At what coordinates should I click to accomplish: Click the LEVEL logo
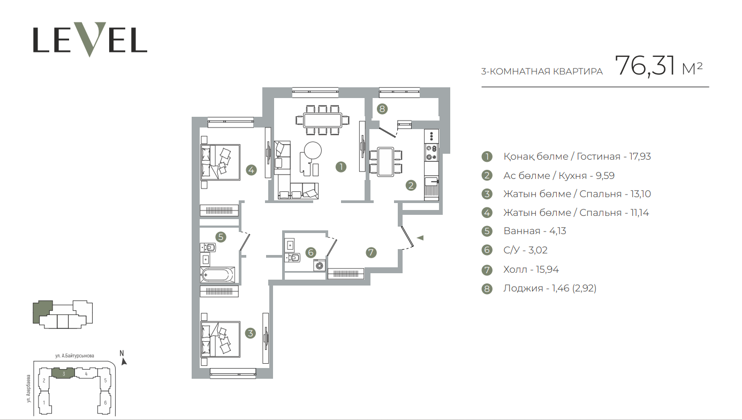pos(90,40)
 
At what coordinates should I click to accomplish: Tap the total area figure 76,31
pos(645,66)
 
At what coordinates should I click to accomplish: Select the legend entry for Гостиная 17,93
pos(577,156)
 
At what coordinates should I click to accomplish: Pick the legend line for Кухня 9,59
pos(559,175)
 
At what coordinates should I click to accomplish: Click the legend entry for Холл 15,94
pos(531,269)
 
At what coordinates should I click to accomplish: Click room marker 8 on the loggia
pos(382,109)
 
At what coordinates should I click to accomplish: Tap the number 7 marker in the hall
pos(371,253)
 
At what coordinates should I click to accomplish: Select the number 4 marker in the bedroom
pos(251,170)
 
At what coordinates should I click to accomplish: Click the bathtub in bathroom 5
pos(217,275)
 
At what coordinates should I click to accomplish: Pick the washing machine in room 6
pos(320,265)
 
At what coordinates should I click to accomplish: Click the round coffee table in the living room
pos(312,151)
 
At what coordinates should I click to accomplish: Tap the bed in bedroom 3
pos(220,339)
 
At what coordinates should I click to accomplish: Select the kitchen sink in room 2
pos(431,182)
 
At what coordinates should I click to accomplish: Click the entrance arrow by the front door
pos(420,238)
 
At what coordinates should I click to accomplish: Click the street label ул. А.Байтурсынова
pos(74,356)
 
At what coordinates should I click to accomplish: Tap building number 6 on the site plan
pos(105,402)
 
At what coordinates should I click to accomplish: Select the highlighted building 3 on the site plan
pos(64,373)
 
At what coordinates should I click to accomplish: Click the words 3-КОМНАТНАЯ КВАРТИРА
pos(542,71)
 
